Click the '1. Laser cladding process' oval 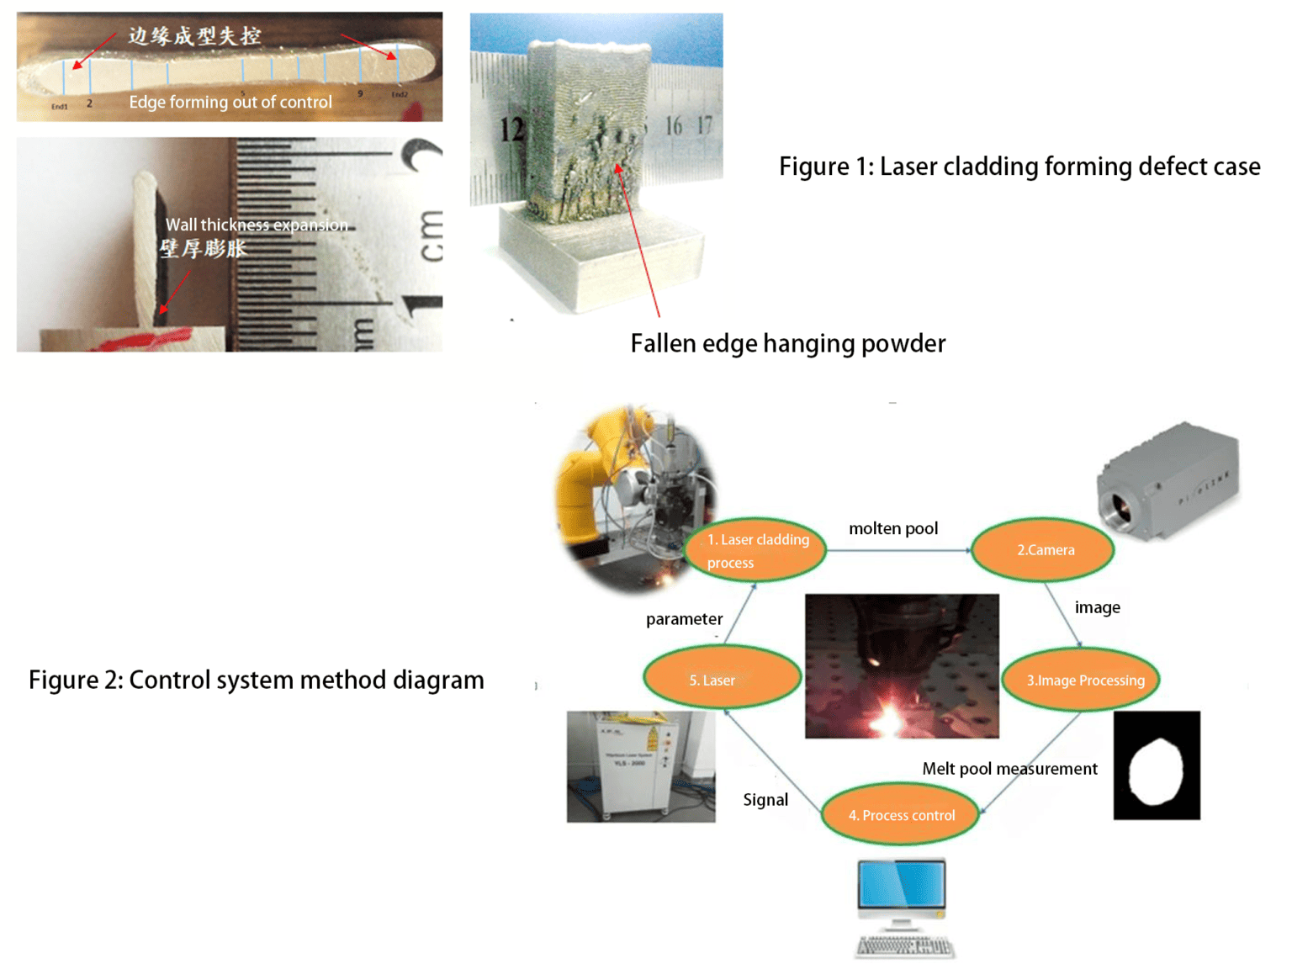(x=756, y=550)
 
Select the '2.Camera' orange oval (x=1044, y=550)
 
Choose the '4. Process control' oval (x=901, y=815)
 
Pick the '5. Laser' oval (x=721, y=680)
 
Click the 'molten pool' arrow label (x=892, y=528)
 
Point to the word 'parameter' (x=684, y=619)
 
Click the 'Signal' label (x=765, y=800)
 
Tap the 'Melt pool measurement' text (x=1009, y=769)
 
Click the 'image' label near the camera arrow (x=1097, y=607)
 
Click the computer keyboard (x=904, y=946)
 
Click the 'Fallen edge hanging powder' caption (x=787, y=343)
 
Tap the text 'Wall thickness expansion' (x=256, y=225)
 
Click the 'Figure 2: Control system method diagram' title (x=256, y=680)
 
